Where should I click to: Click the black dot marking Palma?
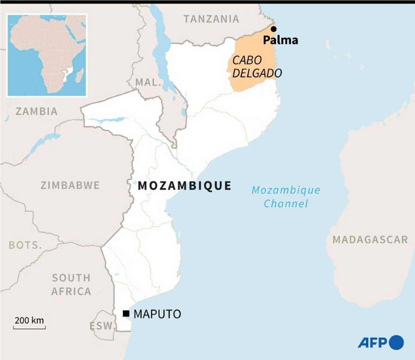(273, 29)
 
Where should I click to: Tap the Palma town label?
(280, 40)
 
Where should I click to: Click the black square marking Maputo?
(126, 314)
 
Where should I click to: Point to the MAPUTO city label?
(157, 314)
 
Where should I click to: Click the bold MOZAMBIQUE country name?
(185, 186)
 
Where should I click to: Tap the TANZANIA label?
(212, 19)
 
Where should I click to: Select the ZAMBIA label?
(37, 111)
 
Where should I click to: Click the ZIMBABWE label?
(70, 185)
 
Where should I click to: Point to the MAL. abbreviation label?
(149, 82)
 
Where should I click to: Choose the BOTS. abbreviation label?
(25, 245)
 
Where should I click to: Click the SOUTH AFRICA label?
(71, 284)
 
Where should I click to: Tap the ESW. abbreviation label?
(103, 326)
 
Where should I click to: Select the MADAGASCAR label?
(370, 240)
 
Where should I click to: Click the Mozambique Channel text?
(286, 196)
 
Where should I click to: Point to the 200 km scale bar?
(29, 327)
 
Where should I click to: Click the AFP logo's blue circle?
(396, 342)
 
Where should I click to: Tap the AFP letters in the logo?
(372, 342)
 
